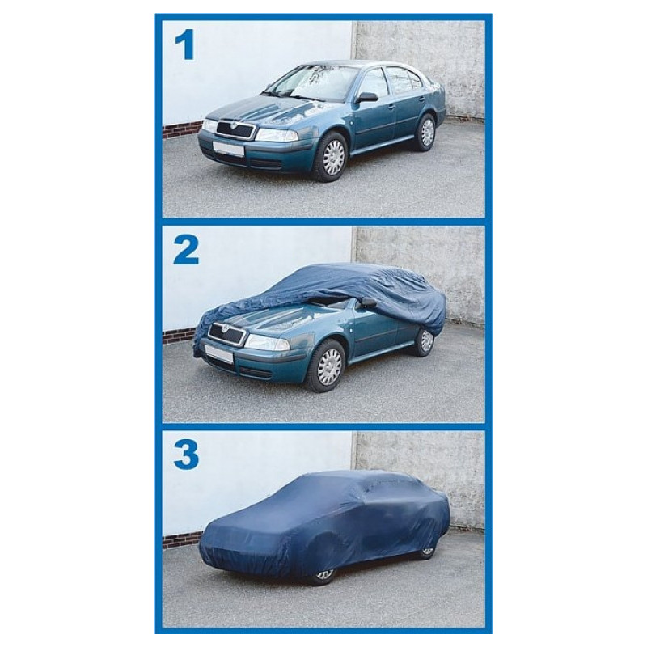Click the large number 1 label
(186, 45)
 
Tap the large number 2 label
(187, 251)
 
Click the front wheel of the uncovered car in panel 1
(332, 157)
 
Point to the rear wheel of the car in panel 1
(425, 132)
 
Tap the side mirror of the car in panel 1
(367, 98)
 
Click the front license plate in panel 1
(229, 148)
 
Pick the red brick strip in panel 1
(181, 130)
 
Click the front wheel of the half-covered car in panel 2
(329, 366)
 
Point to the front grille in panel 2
(227, 333)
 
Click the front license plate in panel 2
(219, 354)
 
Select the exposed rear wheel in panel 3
(427, 552)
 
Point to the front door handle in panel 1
(391, 107)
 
